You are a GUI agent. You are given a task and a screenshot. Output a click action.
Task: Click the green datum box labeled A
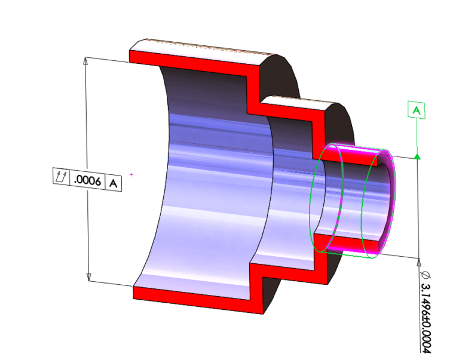tap(417, 110)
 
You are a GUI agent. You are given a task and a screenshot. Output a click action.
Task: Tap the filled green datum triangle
tap(417, 156)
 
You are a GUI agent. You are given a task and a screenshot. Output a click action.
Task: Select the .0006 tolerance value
tap(87, 179)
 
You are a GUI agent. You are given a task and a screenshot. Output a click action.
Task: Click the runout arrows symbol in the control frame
tap(60, 177)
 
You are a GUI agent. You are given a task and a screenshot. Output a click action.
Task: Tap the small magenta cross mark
tap(131, 175)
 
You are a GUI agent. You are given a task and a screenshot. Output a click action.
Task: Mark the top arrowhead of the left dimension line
tap(87, 61)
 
